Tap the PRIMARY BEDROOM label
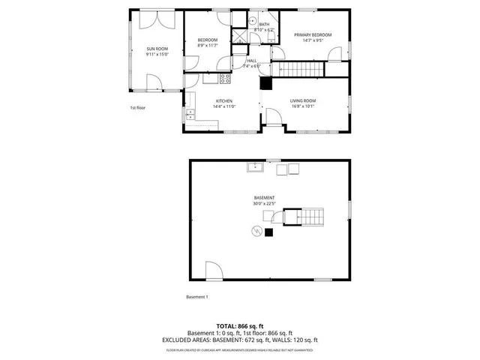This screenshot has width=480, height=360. tap(313, 35)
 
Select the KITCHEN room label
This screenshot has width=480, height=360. tap(224, 100)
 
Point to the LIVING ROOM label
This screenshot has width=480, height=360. tap(304, 100)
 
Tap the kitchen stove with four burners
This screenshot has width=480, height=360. tap(224, 78)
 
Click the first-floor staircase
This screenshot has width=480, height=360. tap(300, 69)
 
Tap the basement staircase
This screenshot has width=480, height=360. tap(310, 217)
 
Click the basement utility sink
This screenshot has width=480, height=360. tap(255, 166)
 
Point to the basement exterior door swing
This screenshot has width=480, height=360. tap(213, 271)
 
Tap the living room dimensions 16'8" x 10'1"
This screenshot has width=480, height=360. tap(304, 106)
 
